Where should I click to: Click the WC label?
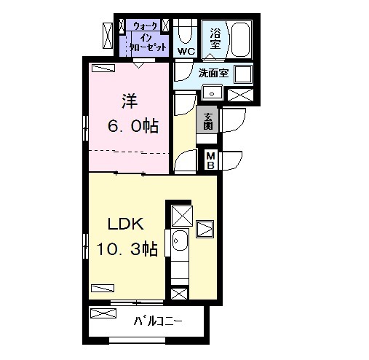coord(186,51)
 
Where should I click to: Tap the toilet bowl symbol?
coord(186,32)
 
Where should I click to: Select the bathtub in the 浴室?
coord(240,40)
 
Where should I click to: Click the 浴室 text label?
coord(215,39)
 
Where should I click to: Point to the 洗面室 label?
coord(213,73)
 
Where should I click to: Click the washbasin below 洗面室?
coord(213,92)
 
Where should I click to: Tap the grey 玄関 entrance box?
coord(207,120)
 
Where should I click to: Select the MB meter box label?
coord(210,160)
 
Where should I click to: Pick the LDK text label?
coord(125,224)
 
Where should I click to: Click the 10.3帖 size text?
coord(127,249)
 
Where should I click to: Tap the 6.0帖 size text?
coord(133,125)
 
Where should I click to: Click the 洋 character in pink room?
coord(130,101)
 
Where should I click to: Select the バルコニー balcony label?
coord(158,321)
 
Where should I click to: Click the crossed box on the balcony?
coord(103,313)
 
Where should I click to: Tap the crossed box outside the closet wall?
coord(108,36)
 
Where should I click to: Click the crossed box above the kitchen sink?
coord(182,216)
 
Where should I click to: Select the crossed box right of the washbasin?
coord(240,95)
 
